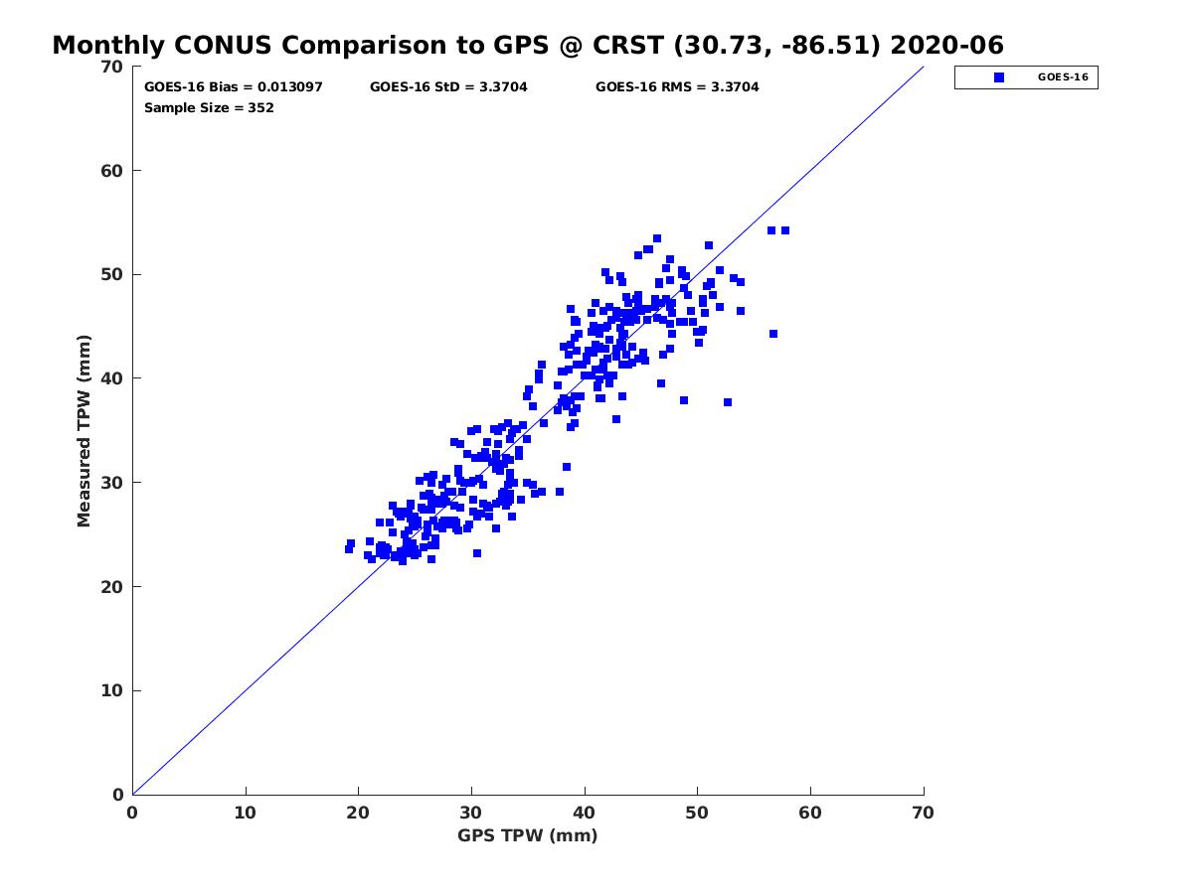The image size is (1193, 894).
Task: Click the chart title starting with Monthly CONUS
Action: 527,45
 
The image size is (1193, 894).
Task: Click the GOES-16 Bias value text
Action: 234,86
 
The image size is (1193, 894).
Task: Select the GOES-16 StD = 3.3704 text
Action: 448,86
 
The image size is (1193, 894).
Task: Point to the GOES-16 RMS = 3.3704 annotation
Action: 677,86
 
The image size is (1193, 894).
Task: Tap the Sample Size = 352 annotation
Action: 209,108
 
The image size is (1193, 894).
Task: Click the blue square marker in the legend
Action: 999,77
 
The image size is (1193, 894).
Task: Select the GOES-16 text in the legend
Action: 1063,77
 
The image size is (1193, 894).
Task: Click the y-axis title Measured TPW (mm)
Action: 84,430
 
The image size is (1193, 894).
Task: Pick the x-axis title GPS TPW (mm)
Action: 527,835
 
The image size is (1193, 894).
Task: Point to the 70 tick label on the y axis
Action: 112,67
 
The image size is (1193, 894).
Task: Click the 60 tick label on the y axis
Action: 112,171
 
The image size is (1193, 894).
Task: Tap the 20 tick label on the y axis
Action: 112,587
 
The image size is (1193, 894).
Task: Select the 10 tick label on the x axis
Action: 246,813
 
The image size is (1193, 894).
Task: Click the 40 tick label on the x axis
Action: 585,813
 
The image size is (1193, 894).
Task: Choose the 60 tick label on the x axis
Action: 810,813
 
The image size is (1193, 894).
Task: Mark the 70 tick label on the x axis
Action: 924,813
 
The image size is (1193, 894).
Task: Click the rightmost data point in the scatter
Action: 785,230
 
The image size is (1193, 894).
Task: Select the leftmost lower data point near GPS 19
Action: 349,549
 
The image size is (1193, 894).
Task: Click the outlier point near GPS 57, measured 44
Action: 773,334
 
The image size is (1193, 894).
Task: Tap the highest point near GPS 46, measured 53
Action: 657,238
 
